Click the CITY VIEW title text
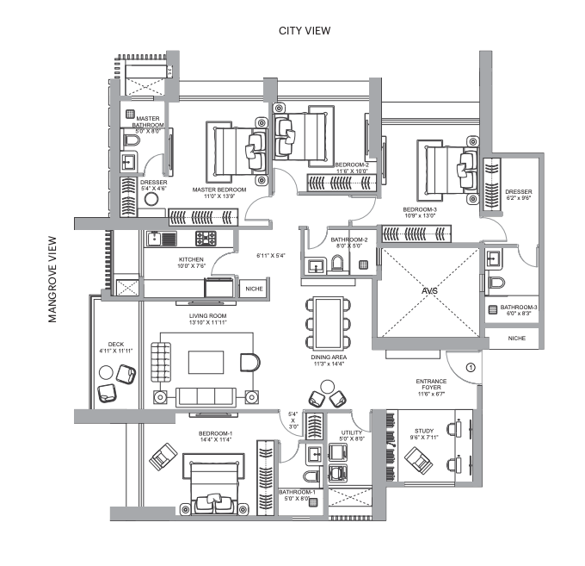[x=305, y=31]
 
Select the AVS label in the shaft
[x=428, y=291]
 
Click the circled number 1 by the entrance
[x=471, y=368]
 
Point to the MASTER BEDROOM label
[x=219, y=190]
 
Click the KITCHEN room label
[x=191, y=259]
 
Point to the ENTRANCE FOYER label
[x=430, y=385]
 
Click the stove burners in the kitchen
[x=206, y=239]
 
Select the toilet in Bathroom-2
[x=336, y=265]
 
